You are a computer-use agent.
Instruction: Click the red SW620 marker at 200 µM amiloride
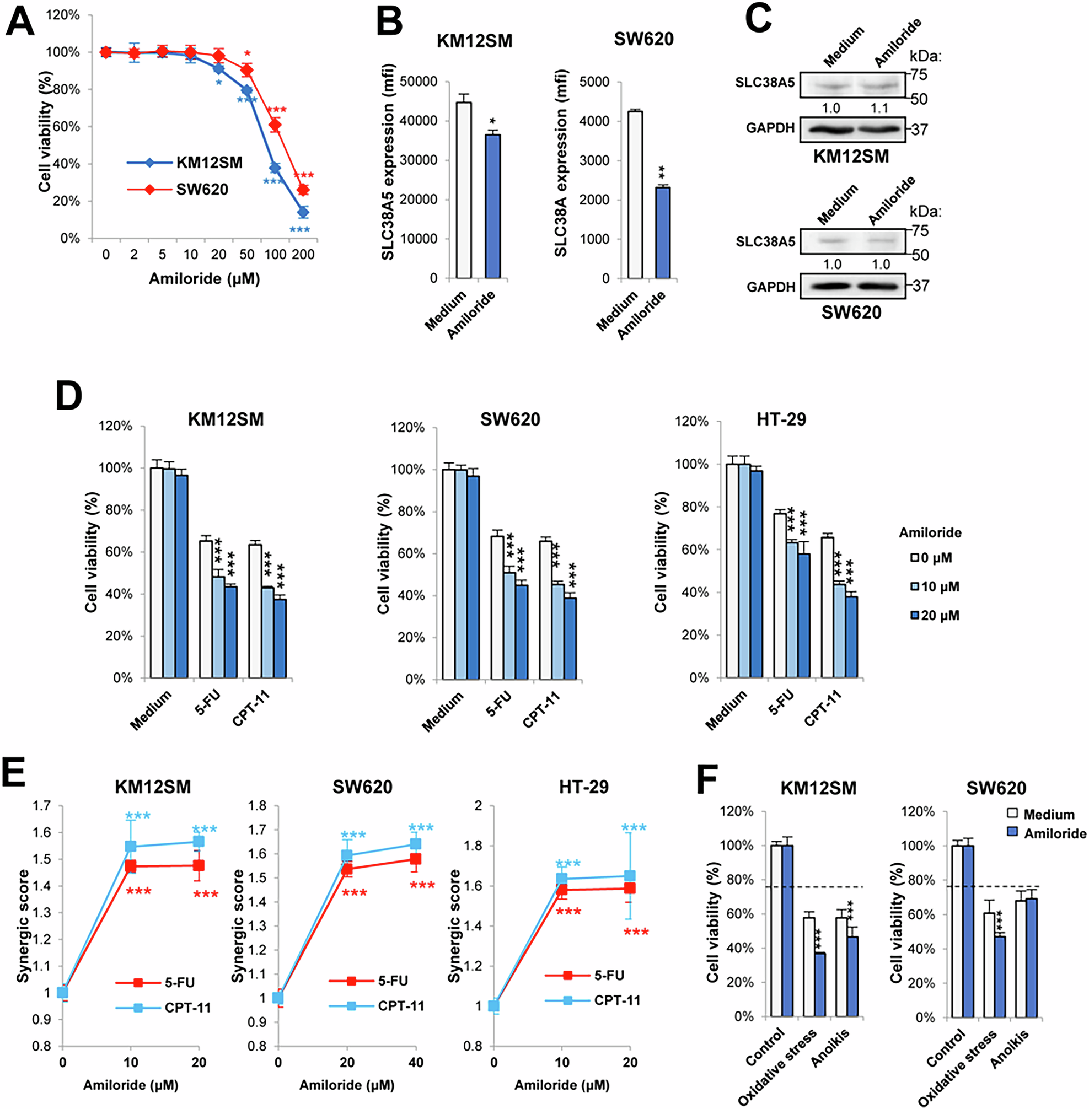[x=303, y=190]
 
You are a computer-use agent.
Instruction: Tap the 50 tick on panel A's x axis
[x=246, y=255]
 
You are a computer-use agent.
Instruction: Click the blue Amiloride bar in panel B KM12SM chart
[x=492, y=206]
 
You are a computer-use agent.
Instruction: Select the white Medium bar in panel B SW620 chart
[x=634, y=195]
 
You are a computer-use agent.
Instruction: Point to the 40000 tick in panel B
[x=419, y=121]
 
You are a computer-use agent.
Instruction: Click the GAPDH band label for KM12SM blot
[x=770, y=128]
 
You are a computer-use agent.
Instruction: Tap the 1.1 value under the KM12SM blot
[x=879, y=109]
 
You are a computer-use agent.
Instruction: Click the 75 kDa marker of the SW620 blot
[x=920, y=231]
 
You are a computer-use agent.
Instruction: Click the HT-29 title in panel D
[x=781, y=419]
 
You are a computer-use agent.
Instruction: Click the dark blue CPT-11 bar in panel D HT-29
[x=852, y=637]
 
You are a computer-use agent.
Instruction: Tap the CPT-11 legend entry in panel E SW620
[x=400, y=1005]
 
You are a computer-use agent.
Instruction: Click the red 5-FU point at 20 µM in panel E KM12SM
[x=199, y=865]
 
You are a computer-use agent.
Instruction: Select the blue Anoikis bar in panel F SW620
[x=1032, y=957]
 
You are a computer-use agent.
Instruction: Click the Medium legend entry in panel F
[x=1048, y=815]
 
